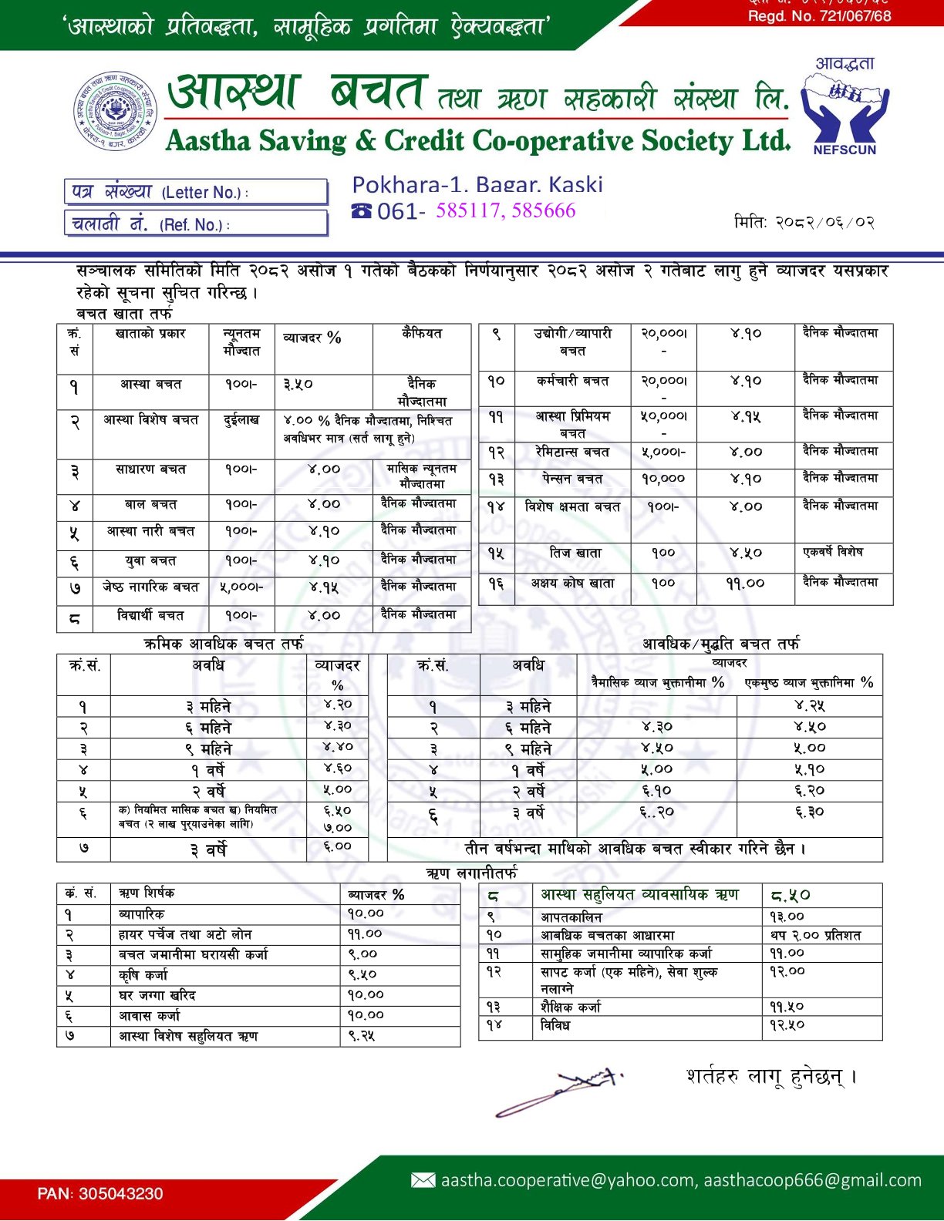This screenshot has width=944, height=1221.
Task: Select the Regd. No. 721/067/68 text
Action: tap(819, 16)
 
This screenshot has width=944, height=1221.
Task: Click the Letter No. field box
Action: tap(196, 192)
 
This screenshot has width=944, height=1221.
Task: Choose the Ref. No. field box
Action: tap(196, 224)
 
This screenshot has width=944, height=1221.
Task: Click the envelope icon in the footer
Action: tap(423, 1180)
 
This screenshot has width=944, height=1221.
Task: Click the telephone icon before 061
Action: tap(361, 210)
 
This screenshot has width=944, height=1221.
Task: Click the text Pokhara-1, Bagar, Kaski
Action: tap(477, 184)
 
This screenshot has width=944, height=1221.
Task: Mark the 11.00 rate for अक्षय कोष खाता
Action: tap(745, 584)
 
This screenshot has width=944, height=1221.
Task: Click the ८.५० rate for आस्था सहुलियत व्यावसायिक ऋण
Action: tap(791, 895)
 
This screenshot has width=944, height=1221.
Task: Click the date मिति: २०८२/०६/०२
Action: tap(804, 223)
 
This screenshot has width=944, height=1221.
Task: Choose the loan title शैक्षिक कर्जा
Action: tap(571, 1007)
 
